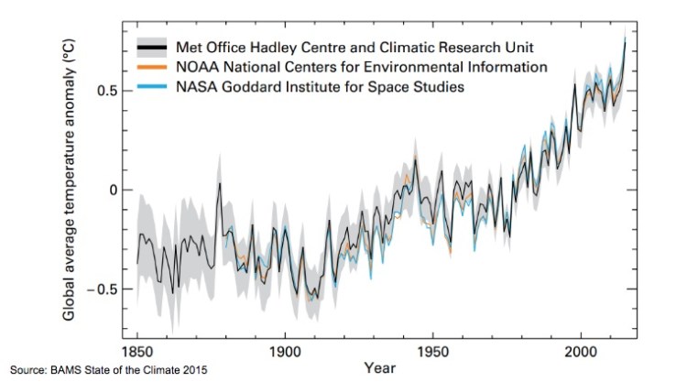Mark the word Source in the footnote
27,370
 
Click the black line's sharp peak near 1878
220,184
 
